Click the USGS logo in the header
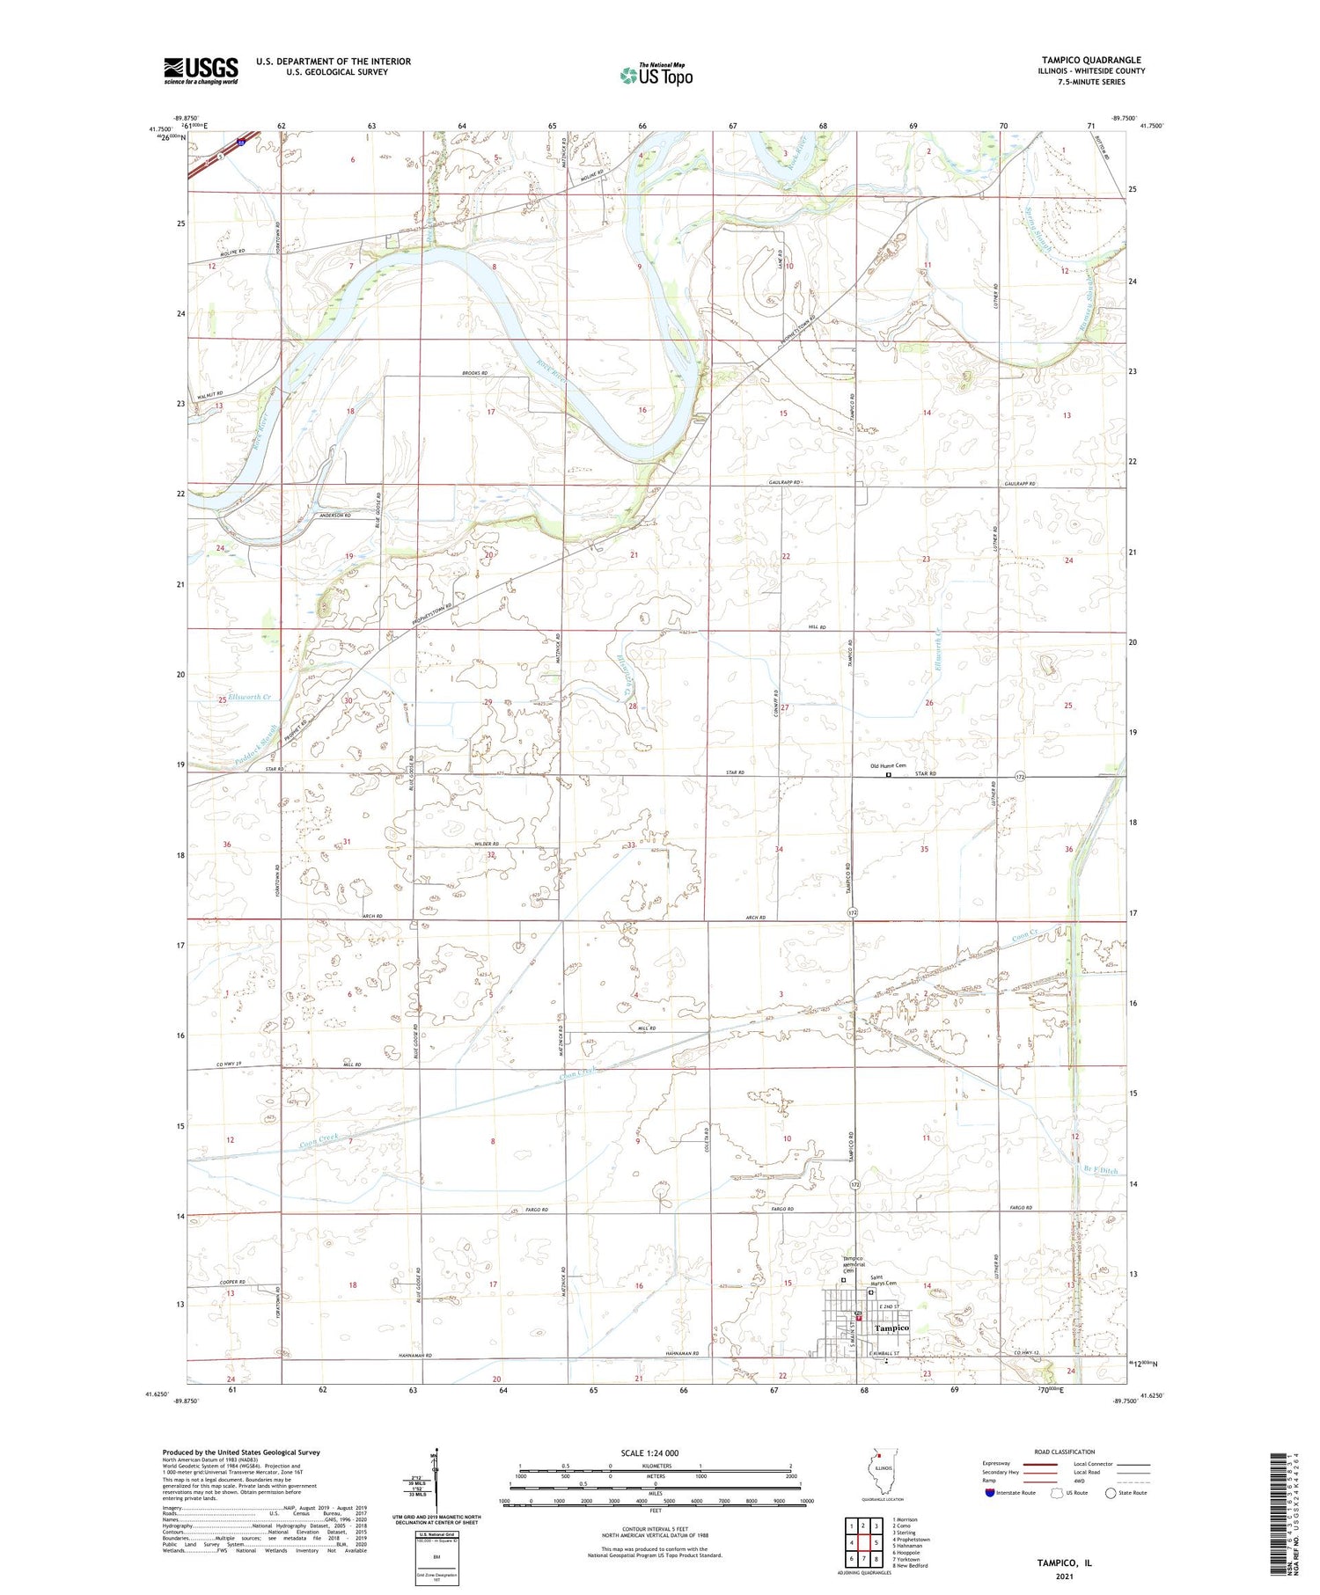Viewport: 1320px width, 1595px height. [201, 70]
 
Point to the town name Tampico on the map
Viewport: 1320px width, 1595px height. [891, 1328]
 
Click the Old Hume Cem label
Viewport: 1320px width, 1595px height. [888, 765]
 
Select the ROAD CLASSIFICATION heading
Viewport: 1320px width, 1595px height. [1065, 1452]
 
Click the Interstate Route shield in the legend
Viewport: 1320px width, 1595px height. [991, 1493]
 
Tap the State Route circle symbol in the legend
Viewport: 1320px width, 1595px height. [1111, 1493]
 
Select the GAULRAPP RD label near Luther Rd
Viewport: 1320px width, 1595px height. [1019, 485]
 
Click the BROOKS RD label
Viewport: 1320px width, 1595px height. [474, 374]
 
